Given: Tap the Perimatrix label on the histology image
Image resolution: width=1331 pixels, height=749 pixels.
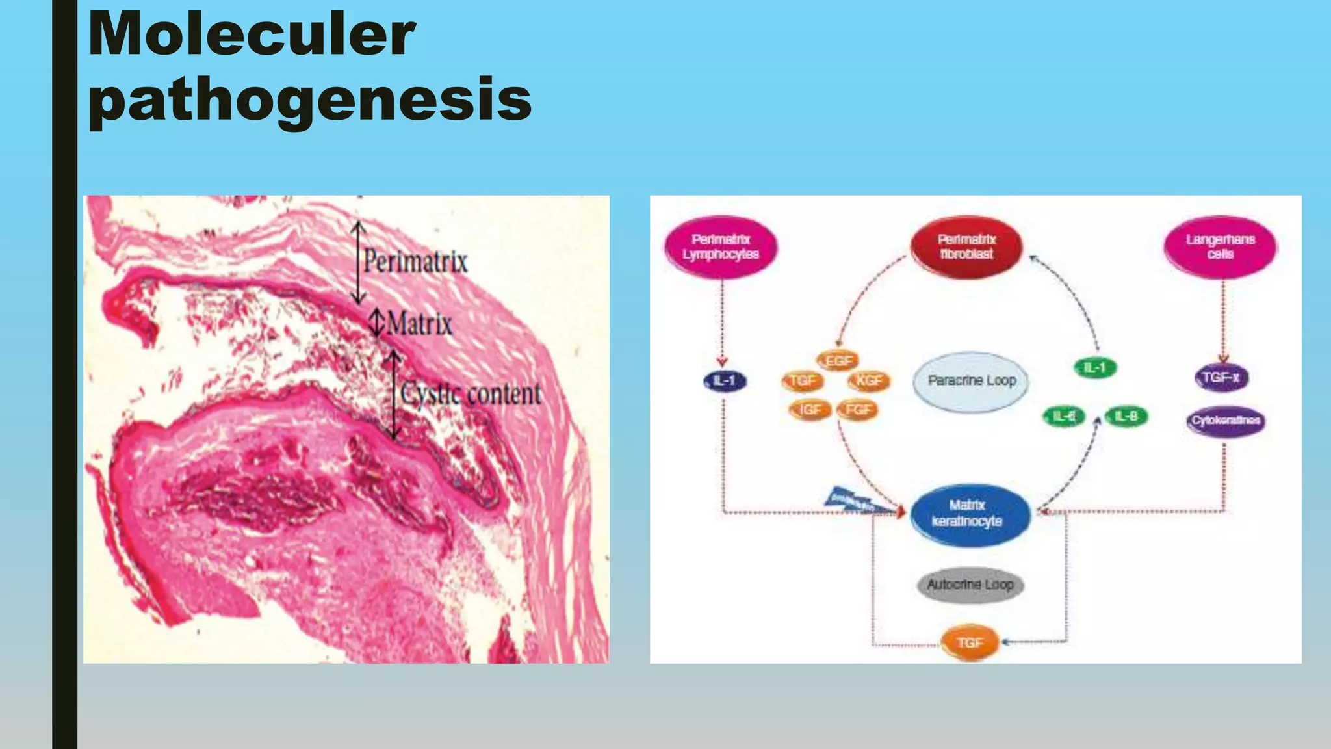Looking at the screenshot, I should point(415,262).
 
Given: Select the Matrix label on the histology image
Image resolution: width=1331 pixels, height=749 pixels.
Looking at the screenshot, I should point(419,324).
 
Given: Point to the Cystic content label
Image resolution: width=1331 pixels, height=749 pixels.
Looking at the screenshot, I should point(470,394).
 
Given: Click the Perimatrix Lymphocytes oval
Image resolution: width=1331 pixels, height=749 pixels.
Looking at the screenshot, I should point(721,247).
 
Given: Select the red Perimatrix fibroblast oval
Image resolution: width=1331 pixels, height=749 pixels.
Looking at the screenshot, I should point(966,247).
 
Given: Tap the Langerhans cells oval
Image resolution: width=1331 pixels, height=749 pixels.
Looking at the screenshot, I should point(1220,247).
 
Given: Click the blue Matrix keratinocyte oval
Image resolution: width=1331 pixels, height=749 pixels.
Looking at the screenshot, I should point(969,514).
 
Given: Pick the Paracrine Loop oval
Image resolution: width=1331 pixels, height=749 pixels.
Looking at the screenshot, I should point(972,381).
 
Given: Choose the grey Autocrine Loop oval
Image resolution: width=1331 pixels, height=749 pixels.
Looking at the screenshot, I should point(970,585).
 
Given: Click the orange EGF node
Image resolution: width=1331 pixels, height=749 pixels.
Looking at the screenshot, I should point(838,361).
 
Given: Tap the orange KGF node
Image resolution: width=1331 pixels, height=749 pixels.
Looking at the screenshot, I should point(869,381).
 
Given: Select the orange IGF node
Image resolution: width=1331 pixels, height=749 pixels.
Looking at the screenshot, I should point(810,410).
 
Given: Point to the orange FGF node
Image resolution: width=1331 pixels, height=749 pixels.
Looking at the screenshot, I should point(858,410).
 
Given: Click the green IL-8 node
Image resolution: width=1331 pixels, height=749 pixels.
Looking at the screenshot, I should point(1126,416).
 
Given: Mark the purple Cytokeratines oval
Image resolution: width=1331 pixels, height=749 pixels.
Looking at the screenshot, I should point(1226,421).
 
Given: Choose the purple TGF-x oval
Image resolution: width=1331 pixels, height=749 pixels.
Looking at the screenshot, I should point(1221,378).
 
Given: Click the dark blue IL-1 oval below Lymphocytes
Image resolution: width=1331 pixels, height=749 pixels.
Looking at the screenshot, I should point(725,381).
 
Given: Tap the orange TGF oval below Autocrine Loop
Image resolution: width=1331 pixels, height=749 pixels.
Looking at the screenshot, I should point(970,642).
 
